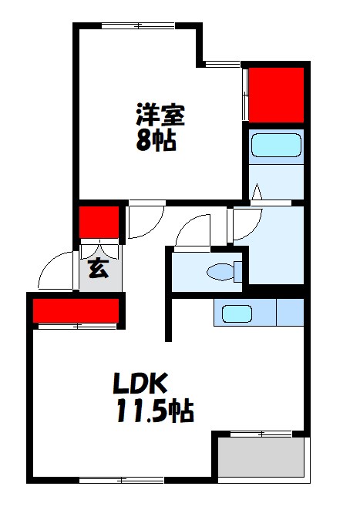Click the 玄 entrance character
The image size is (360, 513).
pos(97,270)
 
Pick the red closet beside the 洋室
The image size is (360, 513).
pos(275,95)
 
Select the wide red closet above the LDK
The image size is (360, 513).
pos(76,310)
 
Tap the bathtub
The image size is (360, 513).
pos(275,145)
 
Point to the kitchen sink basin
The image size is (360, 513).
pos(237,313)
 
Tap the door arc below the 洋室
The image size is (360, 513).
pos(145,222)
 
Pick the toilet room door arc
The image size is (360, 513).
pos(191,231)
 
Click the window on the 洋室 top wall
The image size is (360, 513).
pos(139,25)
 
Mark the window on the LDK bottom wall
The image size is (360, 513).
pos(123,481)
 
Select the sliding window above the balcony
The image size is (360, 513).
pos(261,434)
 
